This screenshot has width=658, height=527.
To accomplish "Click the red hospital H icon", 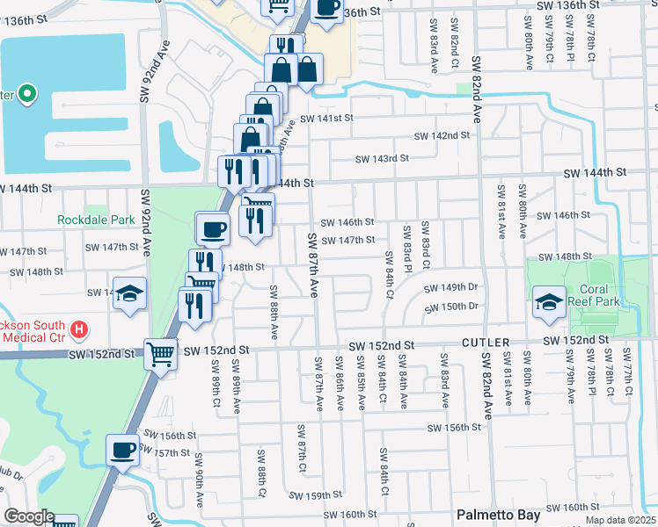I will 79,329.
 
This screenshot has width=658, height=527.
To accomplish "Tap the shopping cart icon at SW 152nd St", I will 160,355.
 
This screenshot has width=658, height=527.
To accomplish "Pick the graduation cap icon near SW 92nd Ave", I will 130,293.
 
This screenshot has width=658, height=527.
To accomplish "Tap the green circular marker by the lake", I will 27,93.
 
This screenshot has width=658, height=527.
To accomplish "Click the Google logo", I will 28,516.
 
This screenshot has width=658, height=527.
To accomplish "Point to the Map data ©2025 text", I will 620,520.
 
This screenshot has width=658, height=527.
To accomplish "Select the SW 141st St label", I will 326,118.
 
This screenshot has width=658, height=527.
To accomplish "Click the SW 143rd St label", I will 382,159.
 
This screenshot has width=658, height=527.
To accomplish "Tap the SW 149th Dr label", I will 450,288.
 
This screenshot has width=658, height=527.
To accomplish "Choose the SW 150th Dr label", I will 450,307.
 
